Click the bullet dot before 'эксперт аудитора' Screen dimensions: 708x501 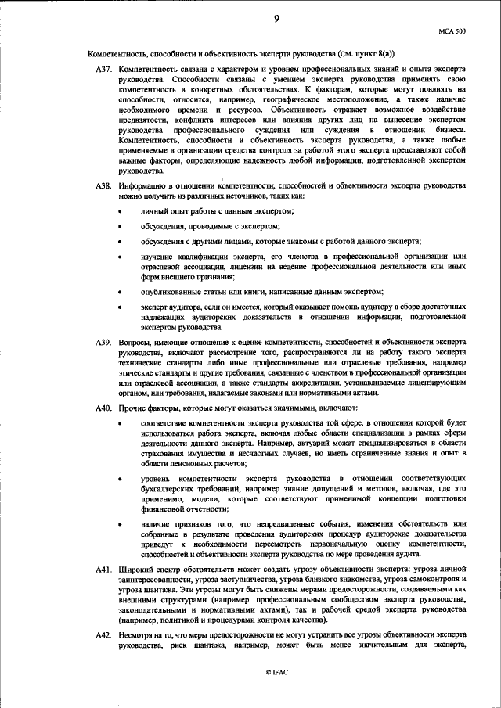120,308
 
